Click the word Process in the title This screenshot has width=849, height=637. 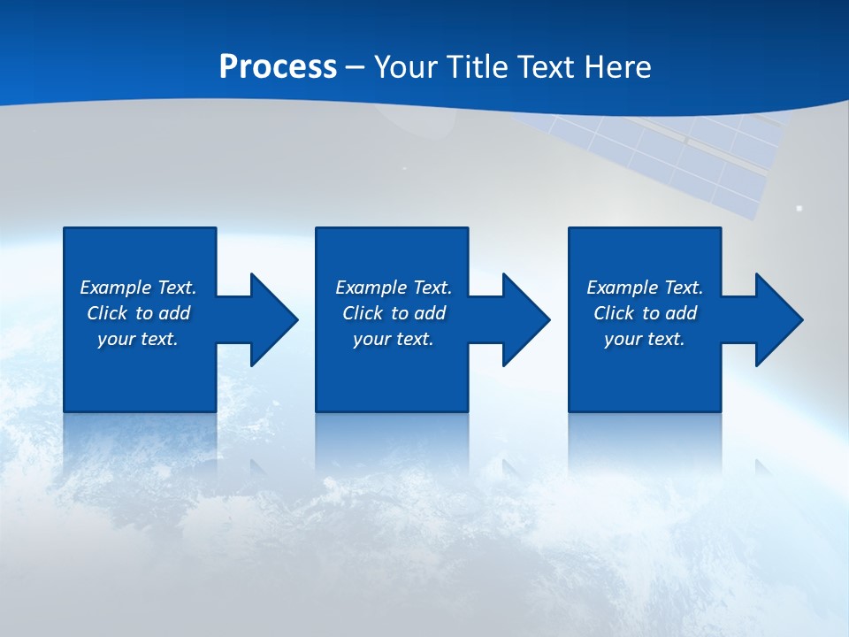[x=278, y=67]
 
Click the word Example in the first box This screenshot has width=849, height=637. [x=116, y=288]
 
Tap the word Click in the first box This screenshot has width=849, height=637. [x=107, y=313]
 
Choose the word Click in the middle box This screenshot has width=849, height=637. [x=363, y=313]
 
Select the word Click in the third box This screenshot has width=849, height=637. [x=614, y=313]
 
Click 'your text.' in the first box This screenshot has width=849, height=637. [x=138, y=339]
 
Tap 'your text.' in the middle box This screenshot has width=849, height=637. [x=394, y=339]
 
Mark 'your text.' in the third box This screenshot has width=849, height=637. [x=645, y=339]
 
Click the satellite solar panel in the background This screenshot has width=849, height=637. [x=699, y=159]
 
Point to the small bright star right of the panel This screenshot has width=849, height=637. [x=799, y=209]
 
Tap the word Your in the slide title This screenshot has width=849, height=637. [x=405, y=67]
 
